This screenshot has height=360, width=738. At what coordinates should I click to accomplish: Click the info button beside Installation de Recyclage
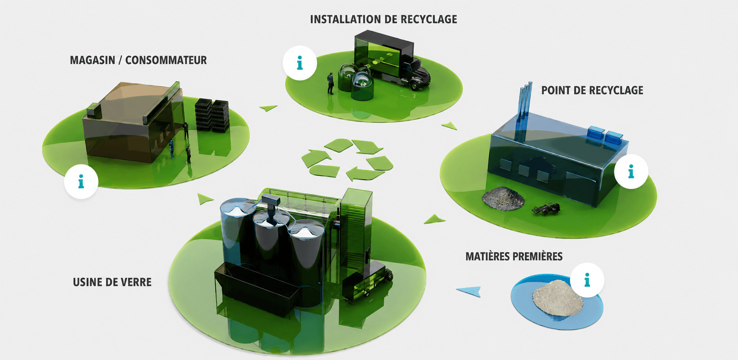pyautogui.click(x=300, y=63)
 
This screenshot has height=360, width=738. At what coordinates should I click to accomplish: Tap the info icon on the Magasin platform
pyautogui.click(x=81, y=182)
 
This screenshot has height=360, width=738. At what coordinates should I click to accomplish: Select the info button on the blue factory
pyautogui.click(x=631, y=171)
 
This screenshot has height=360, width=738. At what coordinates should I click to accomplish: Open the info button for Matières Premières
pyautogui.click(x=587, y=280)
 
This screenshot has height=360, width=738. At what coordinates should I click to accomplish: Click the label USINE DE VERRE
pyautogui.click(x=112, y=282)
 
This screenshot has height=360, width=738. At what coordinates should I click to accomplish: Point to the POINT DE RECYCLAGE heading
pyautogui.click(x=592, y=90)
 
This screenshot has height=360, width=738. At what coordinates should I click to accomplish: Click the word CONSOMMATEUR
pyautogui.click(x=166, y=60)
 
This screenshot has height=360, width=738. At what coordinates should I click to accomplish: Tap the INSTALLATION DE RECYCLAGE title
pyautogui.click(x=383, y=19)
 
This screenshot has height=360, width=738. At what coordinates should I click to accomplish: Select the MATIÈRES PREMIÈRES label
pyautogui.click(x=514, y=256)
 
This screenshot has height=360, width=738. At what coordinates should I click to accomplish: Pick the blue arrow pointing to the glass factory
pyautogui.click(x=469, y=291)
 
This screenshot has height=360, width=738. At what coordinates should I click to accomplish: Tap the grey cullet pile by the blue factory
pyautogui.click(x=503, y=198)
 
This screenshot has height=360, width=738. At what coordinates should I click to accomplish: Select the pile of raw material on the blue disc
pyautogui.click(x=558, y=300)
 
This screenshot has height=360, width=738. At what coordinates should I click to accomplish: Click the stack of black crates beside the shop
pyautogui.click(x=212, y=115)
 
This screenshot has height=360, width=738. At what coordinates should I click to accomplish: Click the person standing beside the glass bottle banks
pyautogui.click(x=330, y=83)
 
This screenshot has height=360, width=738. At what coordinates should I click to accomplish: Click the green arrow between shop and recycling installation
pyautogui.click(x=268, y=108)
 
